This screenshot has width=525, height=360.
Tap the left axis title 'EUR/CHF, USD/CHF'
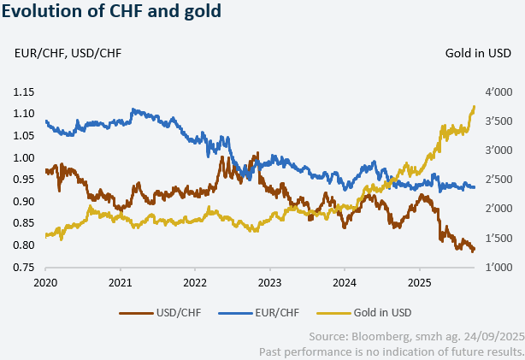[x=68, y=54]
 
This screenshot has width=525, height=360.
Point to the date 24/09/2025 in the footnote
[x=493, y=336]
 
